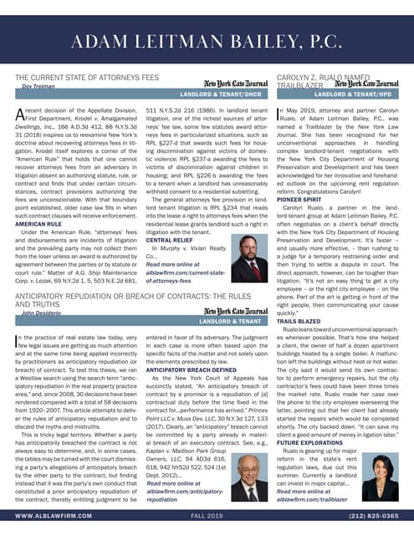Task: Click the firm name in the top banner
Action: pyautogui.click(x=207, y=42)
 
